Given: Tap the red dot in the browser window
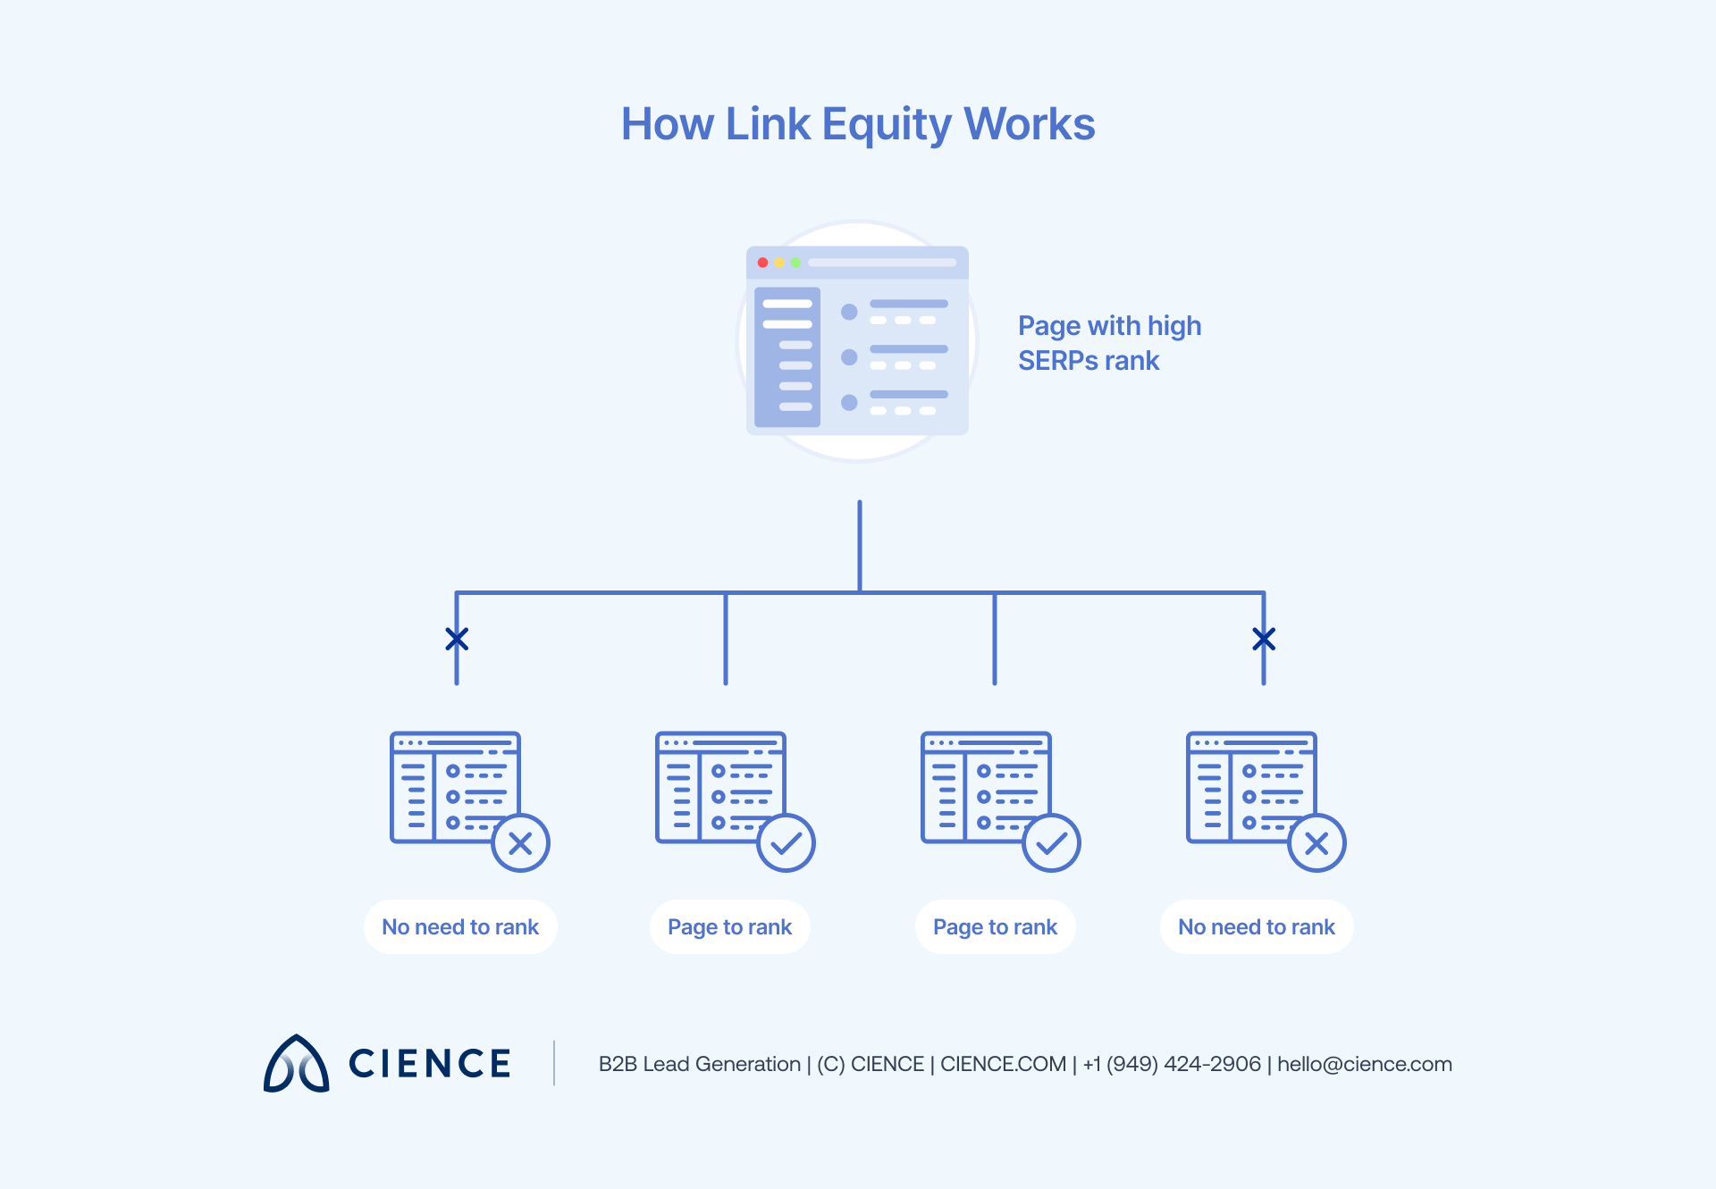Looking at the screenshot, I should pos(762,263).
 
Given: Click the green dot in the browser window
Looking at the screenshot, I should pos(795,263).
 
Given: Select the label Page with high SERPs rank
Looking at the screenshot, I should pos(1108,343).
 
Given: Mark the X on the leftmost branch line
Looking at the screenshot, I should pos(457,639).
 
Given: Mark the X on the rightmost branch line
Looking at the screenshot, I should pos(1264,639).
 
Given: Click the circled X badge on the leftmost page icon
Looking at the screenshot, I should pos(520,843).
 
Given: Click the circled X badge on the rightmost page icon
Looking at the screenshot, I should pos(1316,843).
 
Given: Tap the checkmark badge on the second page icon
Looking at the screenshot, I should pos(786,843).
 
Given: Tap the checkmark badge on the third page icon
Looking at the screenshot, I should pos(1051,843).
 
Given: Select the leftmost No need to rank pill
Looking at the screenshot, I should pos(460,927).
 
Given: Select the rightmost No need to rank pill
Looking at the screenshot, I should pos(1256,927).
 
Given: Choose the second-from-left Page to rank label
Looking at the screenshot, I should pos(729,927).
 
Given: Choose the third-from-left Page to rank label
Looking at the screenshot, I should pos(995,927).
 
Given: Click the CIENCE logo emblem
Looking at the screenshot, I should pos(297,1064).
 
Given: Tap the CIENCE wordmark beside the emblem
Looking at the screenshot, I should pos(429,1064).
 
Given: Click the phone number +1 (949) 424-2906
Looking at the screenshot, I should pos(1172,1064).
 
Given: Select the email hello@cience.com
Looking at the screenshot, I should pos(1364,1064).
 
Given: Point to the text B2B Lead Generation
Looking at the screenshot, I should pos(699,1064).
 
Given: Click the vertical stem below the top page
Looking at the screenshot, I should pos(860,545).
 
